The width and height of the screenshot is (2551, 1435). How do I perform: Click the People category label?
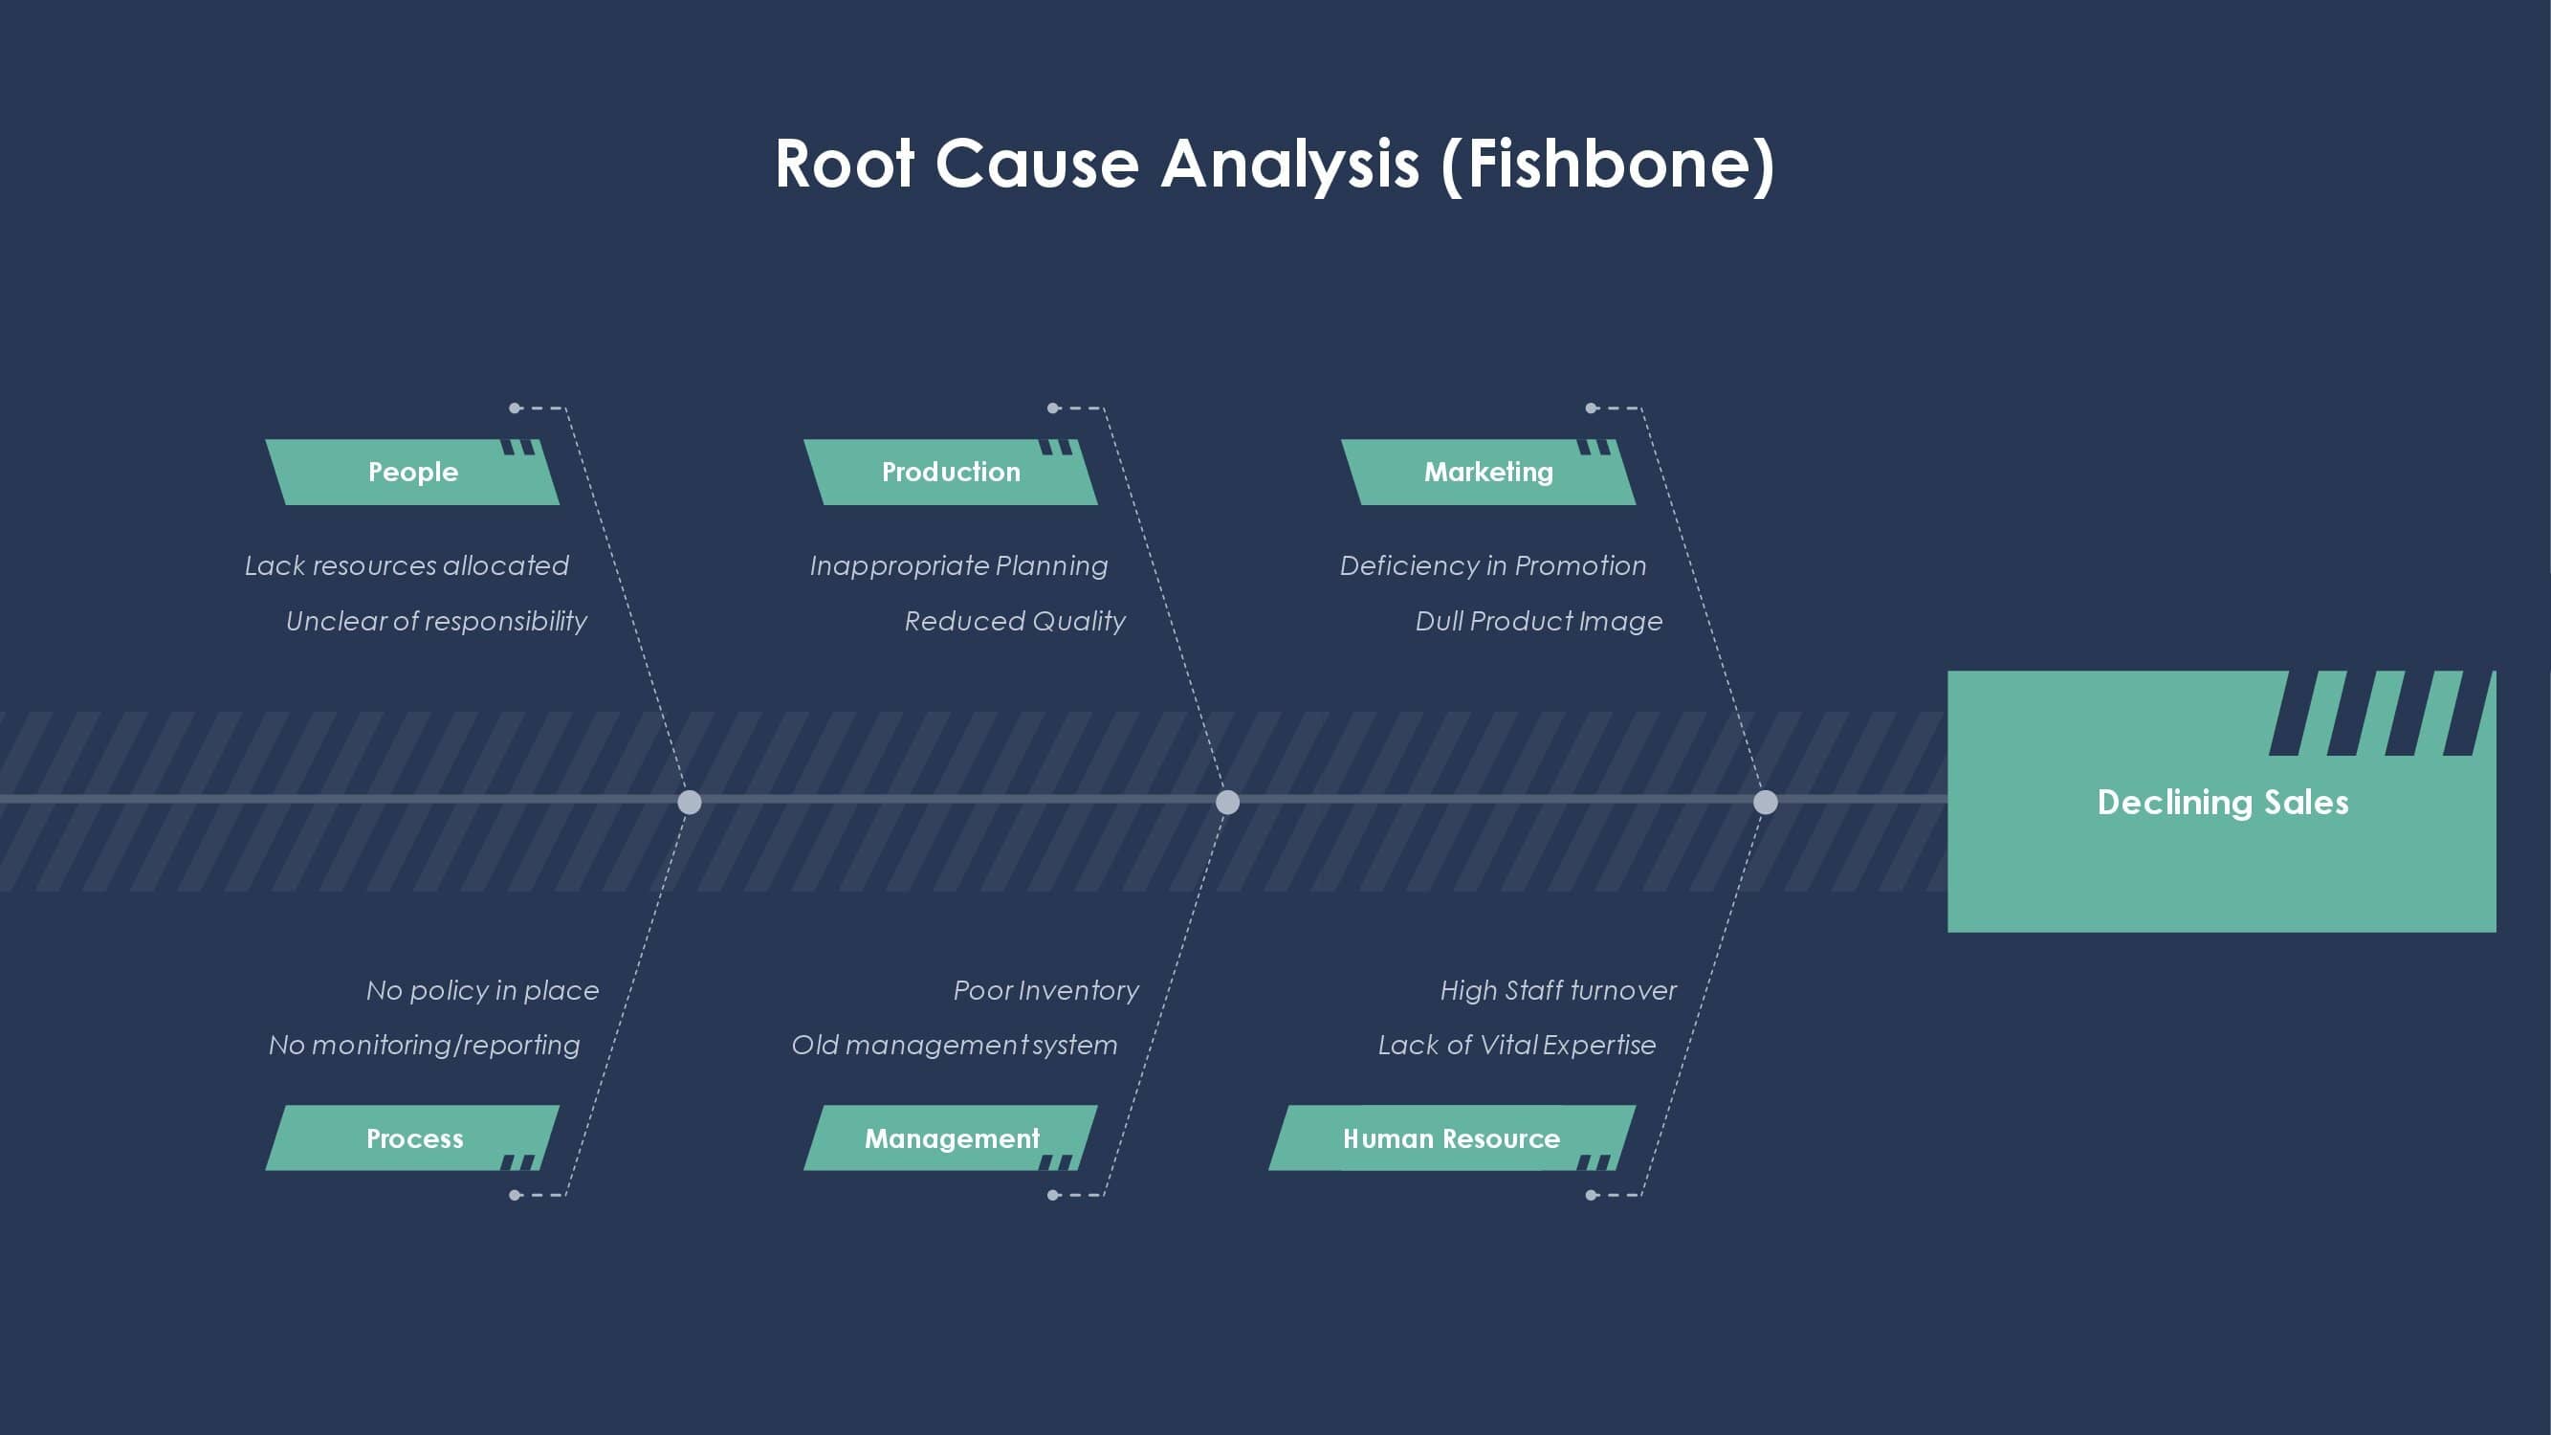[412, 472]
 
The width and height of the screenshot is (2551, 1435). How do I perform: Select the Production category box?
[951, 472]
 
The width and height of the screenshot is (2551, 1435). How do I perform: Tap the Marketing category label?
[1488, 472]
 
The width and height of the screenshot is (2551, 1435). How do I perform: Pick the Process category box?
[412, 1137]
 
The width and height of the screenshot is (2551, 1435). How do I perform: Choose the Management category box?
[951, 1137]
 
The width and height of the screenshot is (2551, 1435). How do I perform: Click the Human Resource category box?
[1452, 1137]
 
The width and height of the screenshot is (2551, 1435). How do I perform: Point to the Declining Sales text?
[2223, 803]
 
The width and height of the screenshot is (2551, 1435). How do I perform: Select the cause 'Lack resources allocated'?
[407, 565]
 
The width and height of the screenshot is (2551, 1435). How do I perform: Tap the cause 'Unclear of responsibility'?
[437, 621]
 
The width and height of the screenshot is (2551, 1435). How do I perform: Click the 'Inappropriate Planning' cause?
[958, 565]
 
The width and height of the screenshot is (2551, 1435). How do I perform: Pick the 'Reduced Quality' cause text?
[1015, 621]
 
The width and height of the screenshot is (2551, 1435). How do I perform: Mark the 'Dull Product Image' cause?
[1539, 621]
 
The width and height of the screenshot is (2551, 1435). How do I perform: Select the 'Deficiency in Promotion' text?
[1493, 565]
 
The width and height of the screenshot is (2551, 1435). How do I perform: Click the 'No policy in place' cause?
[482, 990]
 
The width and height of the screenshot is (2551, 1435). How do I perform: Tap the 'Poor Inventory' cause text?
[1045, 990]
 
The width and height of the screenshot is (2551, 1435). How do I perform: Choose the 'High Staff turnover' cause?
[1558, 990]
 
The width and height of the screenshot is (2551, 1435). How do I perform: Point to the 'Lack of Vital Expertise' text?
[1517, 1045]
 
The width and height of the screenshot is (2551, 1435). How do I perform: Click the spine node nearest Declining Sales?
[1765, 803]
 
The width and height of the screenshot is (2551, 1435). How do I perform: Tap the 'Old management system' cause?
[955, 1045]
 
